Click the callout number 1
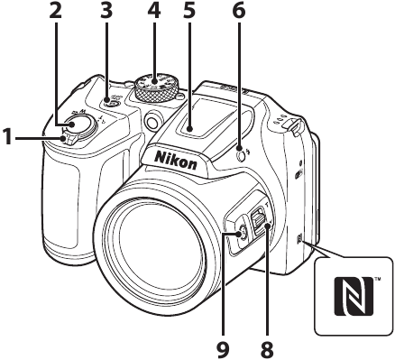(8, 138)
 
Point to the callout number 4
(156, 13)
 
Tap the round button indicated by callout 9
(241, 235)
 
